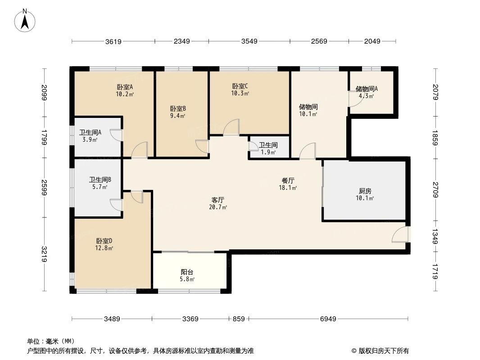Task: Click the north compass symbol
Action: click(25, 20)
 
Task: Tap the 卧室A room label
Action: click(125, 87)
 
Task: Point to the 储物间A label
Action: click(367, 89)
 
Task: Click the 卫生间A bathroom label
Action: click(90, 132)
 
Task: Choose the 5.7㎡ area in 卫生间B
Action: click(100, 187)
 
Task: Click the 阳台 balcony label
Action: click(187, 272)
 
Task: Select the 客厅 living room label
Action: click(218, 200)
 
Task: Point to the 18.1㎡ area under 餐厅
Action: click(288, 188)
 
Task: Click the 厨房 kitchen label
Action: click(365, 190)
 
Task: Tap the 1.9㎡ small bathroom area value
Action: click(268, 153)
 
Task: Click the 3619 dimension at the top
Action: click(113, 41)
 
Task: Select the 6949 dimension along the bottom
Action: click(328, 319)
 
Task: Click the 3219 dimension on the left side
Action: click(44, 255)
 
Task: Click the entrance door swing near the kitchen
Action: click(400, 235)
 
